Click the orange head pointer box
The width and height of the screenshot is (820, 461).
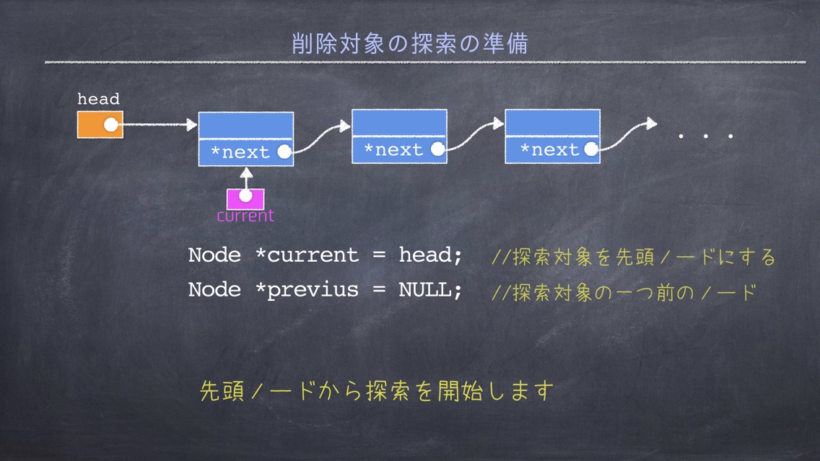[100, 124]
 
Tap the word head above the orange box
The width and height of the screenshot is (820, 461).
[98, 99]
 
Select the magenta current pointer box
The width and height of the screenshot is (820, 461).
[245, 198]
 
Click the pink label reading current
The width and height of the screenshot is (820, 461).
[245, 216]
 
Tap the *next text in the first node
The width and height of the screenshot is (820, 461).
[240, 152]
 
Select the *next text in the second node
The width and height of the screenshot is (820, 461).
[393, 150]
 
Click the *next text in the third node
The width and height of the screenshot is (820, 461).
[549, 150]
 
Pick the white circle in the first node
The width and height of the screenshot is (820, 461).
[284, 152]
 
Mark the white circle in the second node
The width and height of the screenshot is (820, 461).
[437, 149]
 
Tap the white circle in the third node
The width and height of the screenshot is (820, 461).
[591, 149]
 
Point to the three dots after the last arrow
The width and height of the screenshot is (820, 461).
[706, 136]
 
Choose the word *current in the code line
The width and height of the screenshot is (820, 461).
[307, 255]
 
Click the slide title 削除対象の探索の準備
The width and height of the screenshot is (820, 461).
[410, 43]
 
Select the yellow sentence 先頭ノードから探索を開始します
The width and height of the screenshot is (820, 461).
[377, 390]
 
